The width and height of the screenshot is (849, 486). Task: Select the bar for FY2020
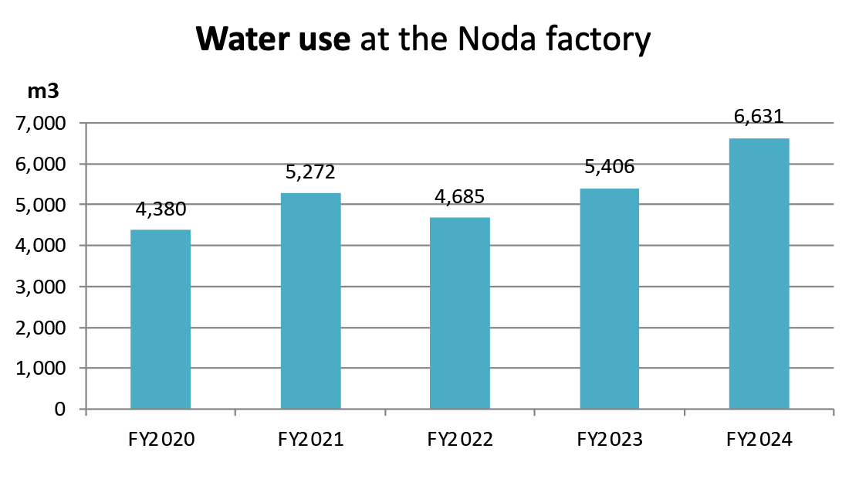[x=161, y=319]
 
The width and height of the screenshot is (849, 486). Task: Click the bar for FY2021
[x=310, y=301]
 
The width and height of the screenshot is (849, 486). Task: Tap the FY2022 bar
[x=460, y=313]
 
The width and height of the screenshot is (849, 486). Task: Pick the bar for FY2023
[x=610, y=298]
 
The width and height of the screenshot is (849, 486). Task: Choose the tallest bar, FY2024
[x=759, y=274]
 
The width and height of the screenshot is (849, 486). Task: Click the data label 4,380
[x=161, y=210]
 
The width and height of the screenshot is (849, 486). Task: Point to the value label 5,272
[x=310, y=173]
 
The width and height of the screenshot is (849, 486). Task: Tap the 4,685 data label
[x=460, y=197]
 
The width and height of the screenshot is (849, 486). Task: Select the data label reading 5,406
[x=610, y=168]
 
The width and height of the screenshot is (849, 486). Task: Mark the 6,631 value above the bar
[x=759, y=117]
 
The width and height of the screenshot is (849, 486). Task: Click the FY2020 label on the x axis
[x=161, y=440]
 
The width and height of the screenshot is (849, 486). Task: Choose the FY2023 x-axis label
[x=610, y=440]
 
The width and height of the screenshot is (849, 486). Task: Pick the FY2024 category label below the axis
[x=759, y=440]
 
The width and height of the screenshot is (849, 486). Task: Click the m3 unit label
[x=43, y=91]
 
